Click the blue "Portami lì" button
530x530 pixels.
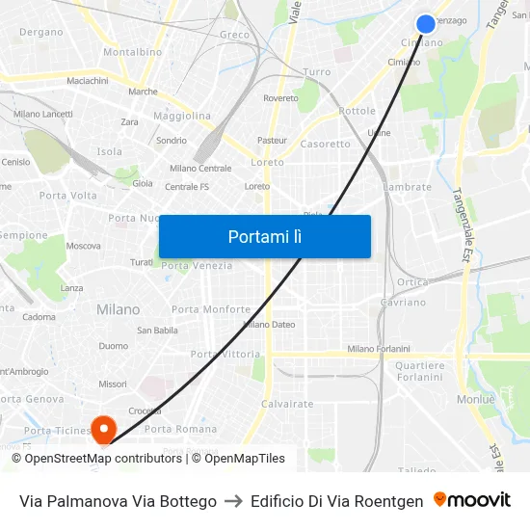tap(264, 236)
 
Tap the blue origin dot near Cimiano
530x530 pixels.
tap(426, 24)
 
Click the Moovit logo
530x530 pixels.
tap(471, 500)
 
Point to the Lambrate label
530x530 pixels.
tap(407, 187)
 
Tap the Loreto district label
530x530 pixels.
tap(267, 163)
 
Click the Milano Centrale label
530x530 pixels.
tap(200, 169)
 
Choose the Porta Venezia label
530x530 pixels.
tap(197, 266)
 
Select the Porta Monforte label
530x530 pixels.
tap(210, 309)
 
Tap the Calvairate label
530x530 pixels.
tap(287, 404)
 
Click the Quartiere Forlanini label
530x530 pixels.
tap(420, 371)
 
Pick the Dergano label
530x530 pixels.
tap(40, 32)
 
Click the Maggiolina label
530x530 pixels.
tap(181, 116)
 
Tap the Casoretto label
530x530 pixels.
tap(326, 145)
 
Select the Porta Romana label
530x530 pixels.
tap(180, 429)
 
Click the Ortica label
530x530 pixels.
tap(412, 282)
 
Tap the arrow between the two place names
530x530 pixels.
tap(233, 501)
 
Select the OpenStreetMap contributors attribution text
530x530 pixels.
tap(103, 459)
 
